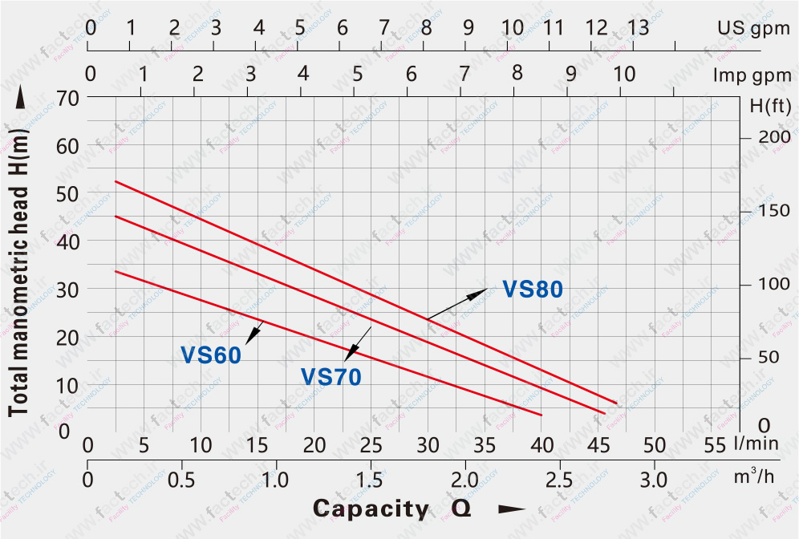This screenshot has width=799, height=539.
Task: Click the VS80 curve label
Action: (x=533, y=290)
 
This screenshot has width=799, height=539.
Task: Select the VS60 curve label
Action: (x=211, y=355)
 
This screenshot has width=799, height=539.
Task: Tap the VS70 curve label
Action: (x=331, y=376)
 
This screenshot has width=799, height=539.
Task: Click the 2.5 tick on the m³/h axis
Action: (x=559, y=480)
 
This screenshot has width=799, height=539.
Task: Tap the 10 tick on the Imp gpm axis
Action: (x=623, y=75)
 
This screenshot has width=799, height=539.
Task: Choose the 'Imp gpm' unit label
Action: (x=752, y=75)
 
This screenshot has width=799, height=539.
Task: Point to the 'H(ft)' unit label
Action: (x=770, y=105)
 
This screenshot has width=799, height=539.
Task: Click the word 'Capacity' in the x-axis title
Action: (x=371, y=509)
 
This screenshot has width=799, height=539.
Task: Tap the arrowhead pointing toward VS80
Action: (x=480, y=292)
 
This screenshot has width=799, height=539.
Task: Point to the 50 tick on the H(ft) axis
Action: (x=775, y=356)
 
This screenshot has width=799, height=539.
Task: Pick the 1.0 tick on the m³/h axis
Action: (x=276, y=480)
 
